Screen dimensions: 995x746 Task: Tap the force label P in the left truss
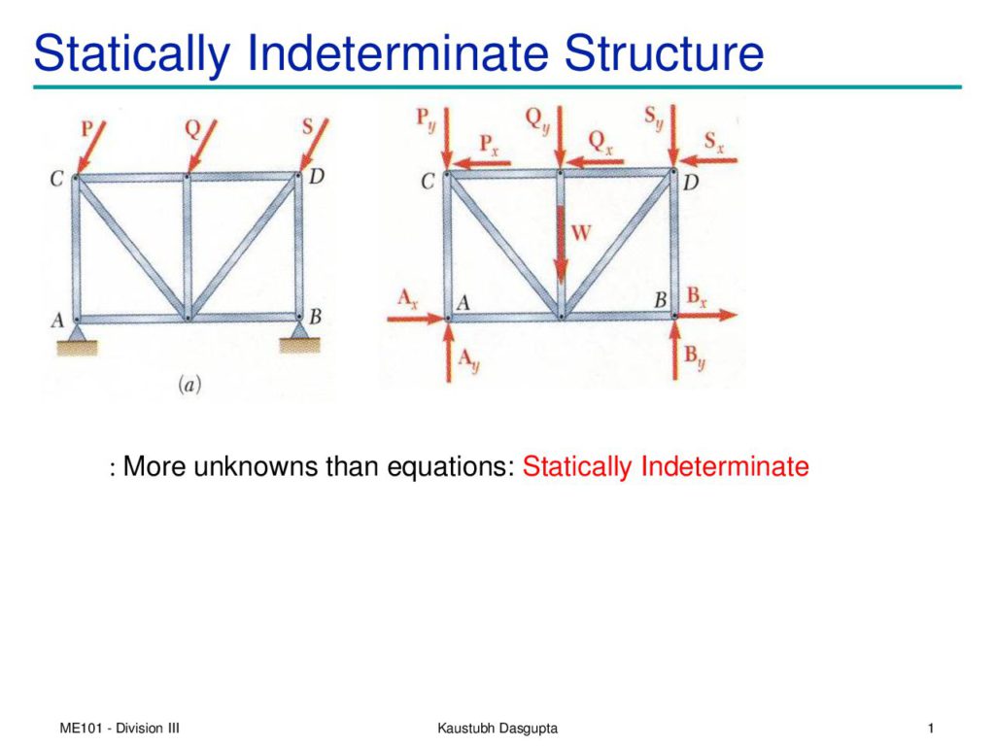pyautogui.click(x=86, y=129)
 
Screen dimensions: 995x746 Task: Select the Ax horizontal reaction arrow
pyautogui.click(x=416, y=318)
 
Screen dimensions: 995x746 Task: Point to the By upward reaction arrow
pyautogui.click(x=675, y=350)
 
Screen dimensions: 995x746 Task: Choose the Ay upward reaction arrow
pyautogui.click(x=449, y=351)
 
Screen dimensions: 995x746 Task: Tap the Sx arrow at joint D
pyautogui.click(x=707, y=160)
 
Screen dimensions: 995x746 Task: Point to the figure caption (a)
pyautogui.click(x=189, y=384)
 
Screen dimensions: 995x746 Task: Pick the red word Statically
pyautogui.click(x=577, y=467)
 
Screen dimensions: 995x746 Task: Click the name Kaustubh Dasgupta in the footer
pyautogui.click(x=497, y=729)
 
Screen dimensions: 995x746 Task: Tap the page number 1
pyautogui.click(x=930, y=728)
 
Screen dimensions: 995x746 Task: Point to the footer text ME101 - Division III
pyautogui.click(x=120, y=728)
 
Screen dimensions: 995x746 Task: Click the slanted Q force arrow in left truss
pyautogui.click(x=202, y=147)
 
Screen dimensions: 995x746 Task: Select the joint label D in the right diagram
pyautogui.click(x=691, y=183)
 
